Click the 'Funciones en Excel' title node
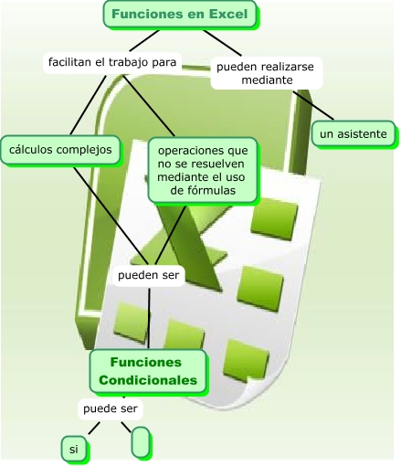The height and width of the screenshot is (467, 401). pyautogui.click(x=180, y=15)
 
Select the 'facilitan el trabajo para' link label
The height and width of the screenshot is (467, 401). pyautogui.click(x=112, y=62)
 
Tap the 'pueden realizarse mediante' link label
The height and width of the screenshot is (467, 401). pyautogui.click(x=267, y=73)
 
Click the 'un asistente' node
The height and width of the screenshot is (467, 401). pyautogui.click(x=354, y=134)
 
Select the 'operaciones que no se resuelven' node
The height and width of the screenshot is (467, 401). pyautogui.click(x=203, y=169)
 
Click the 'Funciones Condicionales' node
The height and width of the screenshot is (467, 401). pyautogui.click(x=148, y=370)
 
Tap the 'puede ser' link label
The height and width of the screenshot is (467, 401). pyautogui.click(x=110, y=408)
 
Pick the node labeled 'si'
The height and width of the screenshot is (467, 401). pyautogui.click(x=73, y=449)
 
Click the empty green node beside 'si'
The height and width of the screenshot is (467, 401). pyautogui.click(x=141, y=441)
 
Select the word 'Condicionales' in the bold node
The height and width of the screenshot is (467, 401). pyautogui.click(x=148, y=379)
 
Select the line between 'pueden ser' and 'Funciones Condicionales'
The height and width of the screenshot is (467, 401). pyautogui.click(x=148, y=315)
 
